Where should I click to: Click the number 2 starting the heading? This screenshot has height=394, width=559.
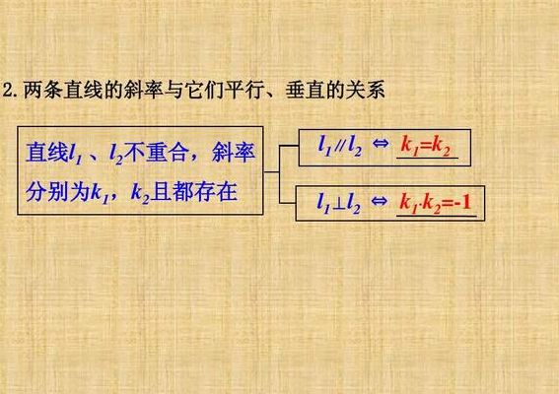[x=8, y=91]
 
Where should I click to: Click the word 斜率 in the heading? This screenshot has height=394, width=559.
[x=143, y=91]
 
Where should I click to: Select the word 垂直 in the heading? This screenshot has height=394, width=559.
[x=306, y=91]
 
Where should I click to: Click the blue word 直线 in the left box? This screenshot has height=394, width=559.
[x=46, y=153]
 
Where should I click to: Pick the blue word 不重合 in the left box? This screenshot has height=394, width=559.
[x=157, y=153]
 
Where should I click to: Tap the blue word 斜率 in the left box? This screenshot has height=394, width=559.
[x=234, y=153]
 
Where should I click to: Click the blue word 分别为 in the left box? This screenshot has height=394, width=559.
[x=57, y=192]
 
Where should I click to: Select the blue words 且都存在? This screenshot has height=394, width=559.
[x=194, y=192]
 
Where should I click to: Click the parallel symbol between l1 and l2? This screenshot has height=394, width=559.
[x=339, y=146]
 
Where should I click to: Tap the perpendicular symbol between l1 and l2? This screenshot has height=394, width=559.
[x=338, y=204]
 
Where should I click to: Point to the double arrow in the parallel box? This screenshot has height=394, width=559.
[x=380, y=143]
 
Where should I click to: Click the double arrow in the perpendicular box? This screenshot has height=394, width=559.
[x=379, y=201]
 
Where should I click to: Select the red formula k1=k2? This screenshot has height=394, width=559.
[x=426, y=146]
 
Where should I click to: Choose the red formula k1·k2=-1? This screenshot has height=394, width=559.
[x=436, y=204]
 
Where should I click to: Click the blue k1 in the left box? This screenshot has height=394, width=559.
[x=100, y=194]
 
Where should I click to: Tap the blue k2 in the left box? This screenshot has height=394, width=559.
[x=140, y=194]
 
